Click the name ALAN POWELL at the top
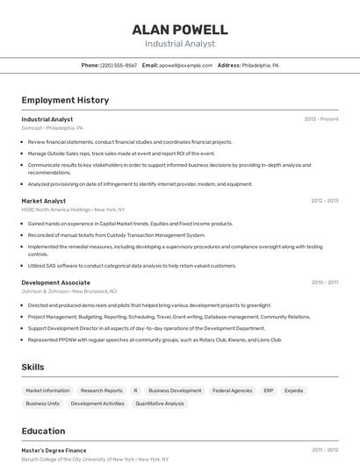coord(180,29)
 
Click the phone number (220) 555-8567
coord(119,65)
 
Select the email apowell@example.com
coord(185,65)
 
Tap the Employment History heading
coord(65,100)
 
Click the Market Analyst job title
coord(44,200)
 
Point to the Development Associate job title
coord(56,283)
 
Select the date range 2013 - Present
coord(321,118)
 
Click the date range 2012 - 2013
coord(324,200)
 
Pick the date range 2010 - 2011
coord(324,283)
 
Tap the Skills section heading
coord(33,367)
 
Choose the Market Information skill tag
coord(47,390)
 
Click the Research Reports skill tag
coord(102,390)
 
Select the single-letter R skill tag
coord(135,390)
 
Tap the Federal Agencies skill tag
coord(232,390)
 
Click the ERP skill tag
coord(269,390)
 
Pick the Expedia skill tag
coord(294,390)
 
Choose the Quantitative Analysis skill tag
coord(160,404)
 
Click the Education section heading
coord(43,431)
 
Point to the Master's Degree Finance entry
coord(54,450)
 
